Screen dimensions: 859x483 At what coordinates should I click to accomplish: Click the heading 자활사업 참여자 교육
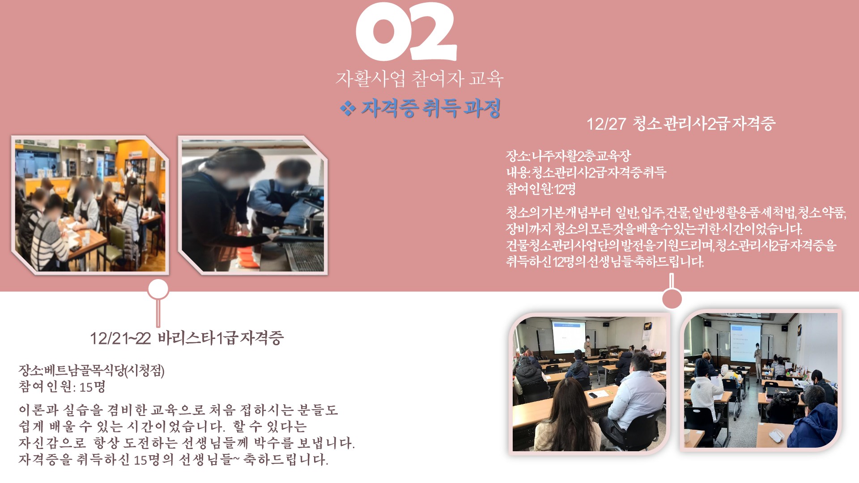point(420,79)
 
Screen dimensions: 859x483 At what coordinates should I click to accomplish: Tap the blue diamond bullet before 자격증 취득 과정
point(348,108)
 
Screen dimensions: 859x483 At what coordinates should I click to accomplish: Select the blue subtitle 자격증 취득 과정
point(431,108)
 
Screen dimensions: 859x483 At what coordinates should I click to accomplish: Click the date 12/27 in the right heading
point(606,124)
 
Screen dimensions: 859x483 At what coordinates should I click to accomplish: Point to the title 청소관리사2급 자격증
point(704,123)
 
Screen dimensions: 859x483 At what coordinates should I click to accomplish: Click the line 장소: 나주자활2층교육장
point(568,156)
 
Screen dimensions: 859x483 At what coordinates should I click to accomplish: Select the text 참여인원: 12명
point(540,189)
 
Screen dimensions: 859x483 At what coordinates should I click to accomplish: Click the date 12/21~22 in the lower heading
point(120,339)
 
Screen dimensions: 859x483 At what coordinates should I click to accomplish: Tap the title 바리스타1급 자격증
point(221,338)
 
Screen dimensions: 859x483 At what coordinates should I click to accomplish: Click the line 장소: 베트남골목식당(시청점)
point(92,370)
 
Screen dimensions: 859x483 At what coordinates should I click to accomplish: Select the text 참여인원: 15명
point(62,386)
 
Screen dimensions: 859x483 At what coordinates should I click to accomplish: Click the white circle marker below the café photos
point(158,289)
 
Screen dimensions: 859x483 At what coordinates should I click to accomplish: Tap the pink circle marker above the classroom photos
point(672,298)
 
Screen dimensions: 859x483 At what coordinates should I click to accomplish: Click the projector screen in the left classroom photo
point(569,337)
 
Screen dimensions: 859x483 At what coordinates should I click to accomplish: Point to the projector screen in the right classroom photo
point(745,343)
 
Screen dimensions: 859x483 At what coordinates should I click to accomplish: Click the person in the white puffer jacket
point(633,402)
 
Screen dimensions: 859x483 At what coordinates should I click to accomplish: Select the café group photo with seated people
point(90,205)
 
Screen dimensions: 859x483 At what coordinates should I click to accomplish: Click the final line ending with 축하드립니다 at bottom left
point(174,459)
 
